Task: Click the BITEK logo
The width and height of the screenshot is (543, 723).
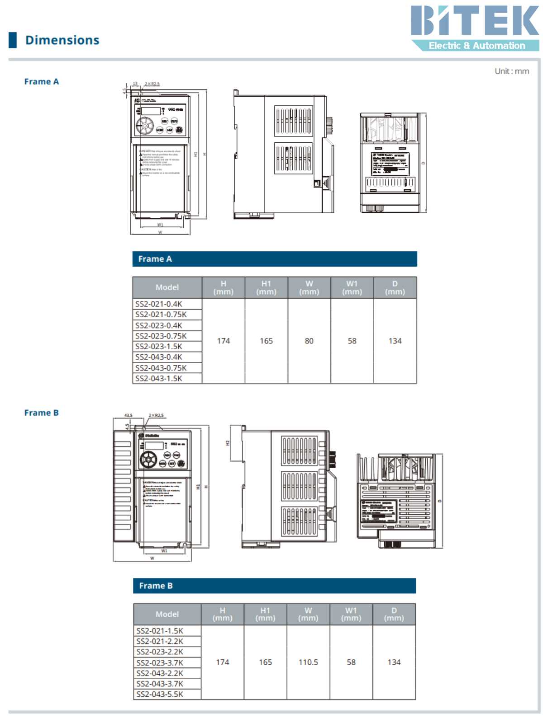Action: coord(475,27)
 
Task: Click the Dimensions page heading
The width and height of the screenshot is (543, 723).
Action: coord(62,40)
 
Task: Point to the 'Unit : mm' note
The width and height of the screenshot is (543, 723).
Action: coord(511,71)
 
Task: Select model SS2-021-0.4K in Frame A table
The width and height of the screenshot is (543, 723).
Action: coord(159,304)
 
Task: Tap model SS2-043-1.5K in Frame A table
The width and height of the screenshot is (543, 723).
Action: coord(159,379)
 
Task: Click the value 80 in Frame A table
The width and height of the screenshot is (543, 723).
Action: coord(309,341)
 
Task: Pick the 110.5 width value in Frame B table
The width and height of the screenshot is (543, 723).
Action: coord(308,662)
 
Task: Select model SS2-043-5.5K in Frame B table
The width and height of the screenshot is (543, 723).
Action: coord(160,695)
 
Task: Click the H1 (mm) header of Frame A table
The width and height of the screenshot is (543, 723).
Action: coord(266,288)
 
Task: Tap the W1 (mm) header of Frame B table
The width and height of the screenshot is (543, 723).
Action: coord(351,614)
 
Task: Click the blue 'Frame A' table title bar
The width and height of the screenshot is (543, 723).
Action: coord(274,259)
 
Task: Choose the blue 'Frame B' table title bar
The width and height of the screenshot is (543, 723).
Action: coord(274,586)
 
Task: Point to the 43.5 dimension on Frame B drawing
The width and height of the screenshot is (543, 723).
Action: coord(129,415)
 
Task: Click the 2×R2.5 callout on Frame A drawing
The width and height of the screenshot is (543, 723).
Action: coord(152,84)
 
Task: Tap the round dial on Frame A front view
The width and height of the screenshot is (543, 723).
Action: coord(145,125)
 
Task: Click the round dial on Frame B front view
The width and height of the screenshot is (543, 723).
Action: coord(148,460)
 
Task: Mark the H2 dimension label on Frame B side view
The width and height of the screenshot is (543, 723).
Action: coord(228,443)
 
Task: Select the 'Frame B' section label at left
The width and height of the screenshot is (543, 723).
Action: coord(42,413)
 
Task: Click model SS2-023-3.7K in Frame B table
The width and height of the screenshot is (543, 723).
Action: coord(160,663)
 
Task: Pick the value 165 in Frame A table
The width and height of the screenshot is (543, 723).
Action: coord(266,341)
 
